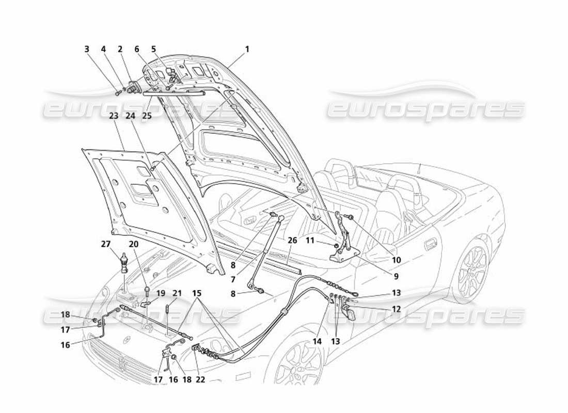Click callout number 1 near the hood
(247, 50)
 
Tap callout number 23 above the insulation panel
(114, 116)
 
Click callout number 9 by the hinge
(395, 276)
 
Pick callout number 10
(396, 260)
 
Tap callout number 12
(396, 309)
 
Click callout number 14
(316, 341)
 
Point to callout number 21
(177, 294)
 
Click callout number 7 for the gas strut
(233, 279)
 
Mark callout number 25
(147, 116)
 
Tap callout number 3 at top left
(87, 50)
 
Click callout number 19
(161, 293)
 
